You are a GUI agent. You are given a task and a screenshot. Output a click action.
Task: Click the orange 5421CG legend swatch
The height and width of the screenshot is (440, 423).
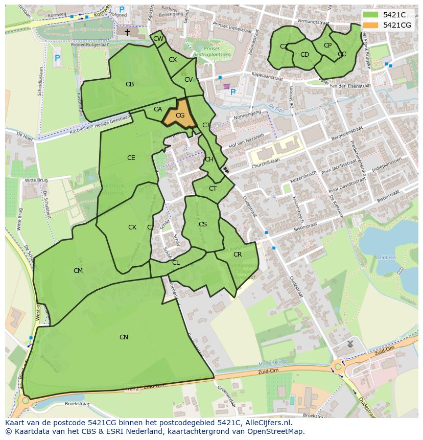[371, 25]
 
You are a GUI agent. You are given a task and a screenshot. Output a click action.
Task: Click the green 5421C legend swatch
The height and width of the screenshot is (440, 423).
[371, 15]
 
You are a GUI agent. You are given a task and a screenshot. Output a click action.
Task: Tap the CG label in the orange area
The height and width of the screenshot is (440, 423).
[180, 115]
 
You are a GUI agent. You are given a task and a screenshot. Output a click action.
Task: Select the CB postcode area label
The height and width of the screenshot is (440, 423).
[130, 84]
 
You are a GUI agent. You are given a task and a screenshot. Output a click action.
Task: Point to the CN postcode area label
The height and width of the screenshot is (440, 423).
[124, 337]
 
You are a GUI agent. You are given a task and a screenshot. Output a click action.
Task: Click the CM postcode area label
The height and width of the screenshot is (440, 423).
[78, 270]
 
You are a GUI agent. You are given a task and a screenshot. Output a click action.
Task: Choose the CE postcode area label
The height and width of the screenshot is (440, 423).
[131, 158]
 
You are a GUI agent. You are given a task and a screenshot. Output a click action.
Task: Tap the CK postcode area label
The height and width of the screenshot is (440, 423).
[132, 227]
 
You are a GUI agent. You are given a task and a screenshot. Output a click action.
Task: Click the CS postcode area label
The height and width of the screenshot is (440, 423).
[203, 224]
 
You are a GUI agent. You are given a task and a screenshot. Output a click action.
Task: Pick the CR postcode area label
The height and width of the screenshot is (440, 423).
[238, 254]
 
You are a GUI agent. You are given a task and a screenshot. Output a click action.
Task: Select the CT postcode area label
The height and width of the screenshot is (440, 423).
[213, 188]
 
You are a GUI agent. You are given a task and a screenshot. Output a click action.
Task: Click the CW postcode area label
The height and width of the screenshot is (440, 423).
[158, 39]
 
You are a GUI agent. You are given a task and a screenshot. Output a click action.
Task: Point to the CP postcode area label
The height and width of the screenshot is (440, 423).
[327, 45]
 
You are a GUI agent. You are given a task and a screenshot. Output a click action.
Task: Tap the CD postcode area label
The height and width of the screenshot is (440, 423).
[304, 55]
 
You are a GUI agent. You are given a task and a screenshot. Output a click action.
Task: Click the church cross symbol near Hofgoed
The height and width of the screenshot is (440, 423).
[127, 32]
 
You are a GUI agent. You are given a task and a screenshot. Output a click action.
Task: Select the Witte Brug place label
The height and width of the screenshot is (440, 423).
[36, 180]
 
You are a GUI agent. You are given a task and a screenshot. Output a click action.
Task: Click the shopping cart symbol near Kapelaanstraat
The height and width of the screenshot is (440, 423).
[227, 87]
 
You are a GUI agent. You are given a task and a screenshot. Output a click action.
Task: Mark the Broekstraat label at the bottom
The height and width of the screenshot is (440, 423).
[77, 404]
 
